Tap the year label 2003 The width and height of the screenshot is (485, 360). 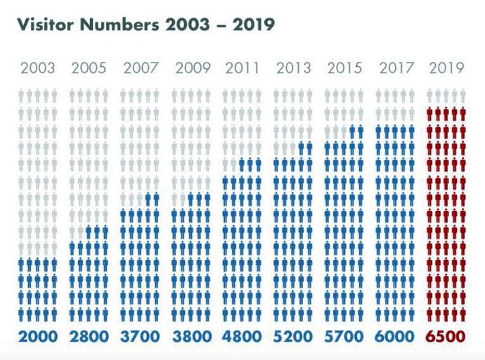[38, 68]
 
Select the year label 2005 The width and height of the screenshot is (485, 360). [89, 68]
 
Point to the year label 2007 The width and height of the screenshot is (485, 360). [141, 68]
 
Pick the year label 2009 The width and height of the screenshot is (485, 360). [192, 68]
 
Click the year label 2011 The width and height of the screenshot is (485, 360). [242, 68]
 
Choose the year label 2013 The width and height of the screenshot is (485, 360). [294, 68]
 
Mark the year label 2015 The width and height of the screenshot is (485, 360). [344, 68]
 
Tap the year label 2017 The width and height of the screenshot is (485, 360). [396, 68]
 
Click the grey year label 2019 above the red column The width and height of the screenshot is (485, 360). [446, 68]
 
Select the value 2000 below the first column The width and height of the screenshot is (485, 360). [38, 337]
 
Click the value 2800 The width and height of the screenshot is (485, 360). [89, 337]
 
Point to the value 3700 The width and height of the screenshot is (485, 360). [141, 337]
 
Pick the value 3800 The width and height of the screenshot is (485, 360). [191, 337]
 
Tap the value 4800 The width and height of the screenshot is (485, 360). [242, 337]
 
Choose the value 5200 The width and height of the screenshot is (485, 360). [293, 337]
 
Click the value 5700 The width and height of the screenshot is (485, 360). [344, 337]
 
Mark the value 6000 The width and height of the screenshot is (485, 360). [396, 337]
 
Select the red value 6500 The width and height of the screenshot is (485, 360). [446, 337]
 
